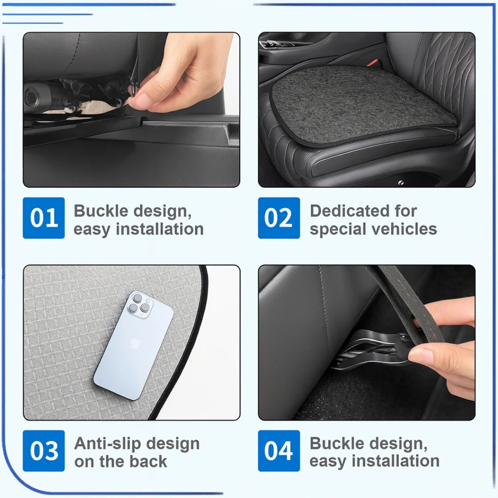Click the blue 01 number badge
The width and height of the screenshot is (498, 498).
click(44, 218)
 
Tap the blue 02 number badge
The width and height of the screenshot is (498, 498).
click(279, 218)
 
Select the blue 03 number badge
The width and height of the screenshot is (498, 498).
click(44, 451)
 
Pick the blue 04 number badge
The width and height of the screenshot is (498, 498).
click(279, 451)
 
